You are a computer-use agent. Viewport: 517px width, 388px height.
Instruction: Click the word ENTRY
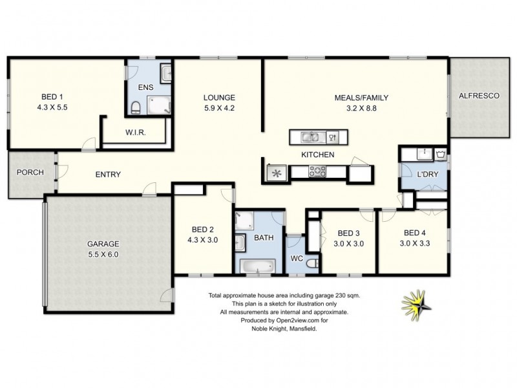click(x=108, y=175)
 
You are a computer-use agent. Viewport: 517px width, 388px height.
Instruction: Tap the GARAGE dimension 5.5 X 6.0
click(x=103, y=254)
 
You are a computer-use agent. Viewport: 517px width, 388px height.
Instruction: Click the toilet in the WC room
click(x=311, y=263)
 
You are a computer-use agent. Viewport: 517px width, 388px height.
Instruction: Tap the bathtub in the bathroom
click(x=258, y=265)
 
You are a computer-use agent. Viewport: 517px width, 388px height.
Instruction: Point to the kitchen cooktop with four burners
click(x=318, y=172)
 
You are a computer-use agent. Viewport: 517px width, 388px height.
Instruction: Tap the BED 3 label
click(x=348, y=233)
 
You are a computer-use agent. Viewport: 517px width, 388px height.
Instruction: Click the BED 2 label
click(x=202, y=229)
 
